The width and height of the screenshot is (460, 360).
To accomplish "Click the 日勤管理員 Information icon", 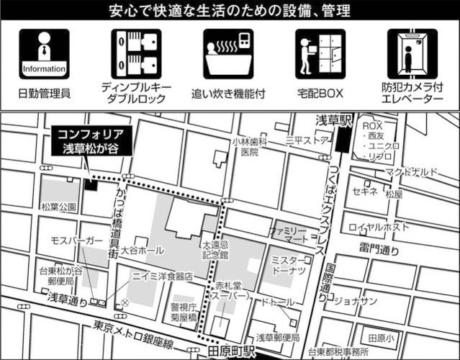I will point(45,53).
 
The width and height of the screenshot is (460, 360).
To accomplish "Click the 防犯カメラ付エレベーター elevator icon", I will point(412,53).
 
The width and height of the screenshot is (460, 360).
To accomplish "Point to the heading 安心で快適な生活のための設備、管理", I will point(230,12).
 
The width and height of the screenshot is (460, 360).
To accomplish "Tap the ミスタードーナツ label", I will point(290,264).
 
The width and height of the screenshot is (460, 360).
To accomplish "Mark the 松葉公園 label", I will point(59,207).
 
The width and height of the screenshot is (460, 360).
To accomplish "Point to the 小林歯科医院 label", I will point(249,147).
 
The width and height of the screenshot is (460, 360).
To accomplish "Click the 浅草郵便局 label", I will point(278,337).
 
